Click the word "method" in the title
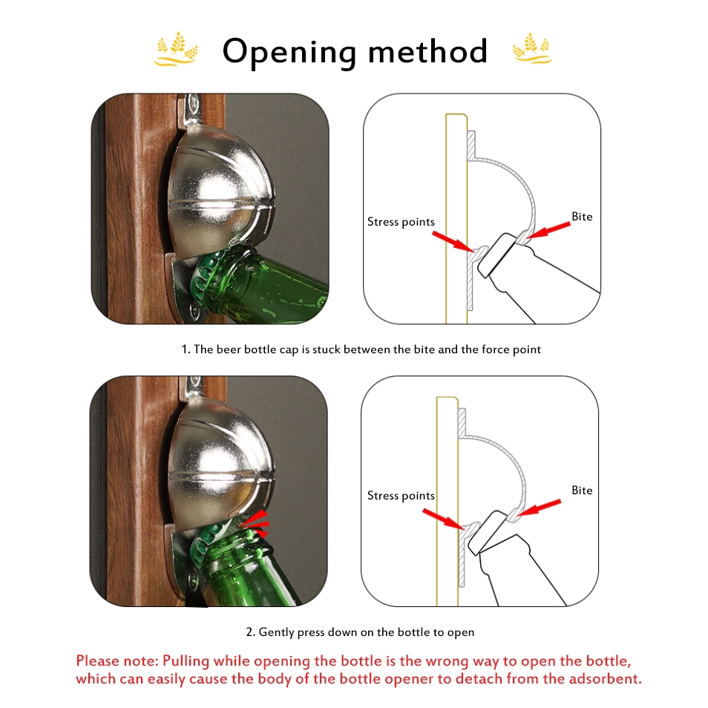428,50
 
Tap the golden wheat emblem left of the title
176,49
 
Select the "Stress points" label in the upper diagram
401,222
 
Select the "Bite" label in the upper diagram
582,217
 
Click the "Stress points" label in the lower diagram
401,496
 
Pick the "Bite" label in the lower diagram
582,491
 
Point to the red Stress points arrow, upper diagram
453,242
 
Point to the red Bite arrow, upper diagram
548,230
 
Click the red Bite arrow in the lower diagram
539,508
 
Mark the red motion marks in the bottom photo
255,523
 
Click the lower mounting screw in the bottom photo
193,577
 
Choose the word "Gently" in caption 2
276,632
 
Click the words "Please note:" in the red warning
117,661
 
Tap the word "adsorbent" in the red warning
605,678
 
